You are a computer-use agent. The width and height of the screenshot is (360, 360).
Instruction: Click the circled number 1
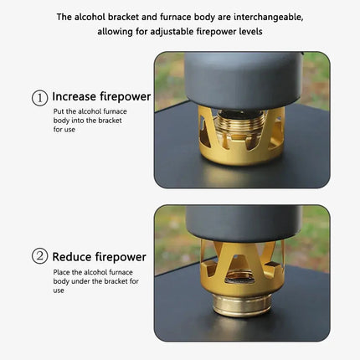[x=39, y=98]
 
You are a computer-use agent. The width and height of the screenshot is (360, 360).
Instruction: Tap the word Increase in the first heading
[x=80, y=97]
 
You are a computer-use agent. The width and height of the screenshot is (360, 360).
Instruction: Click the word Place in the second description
[x=62, y=271]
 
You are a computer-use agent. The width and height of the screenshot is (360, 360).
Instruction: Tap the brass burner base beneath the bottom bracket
[x=242, y=304]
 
